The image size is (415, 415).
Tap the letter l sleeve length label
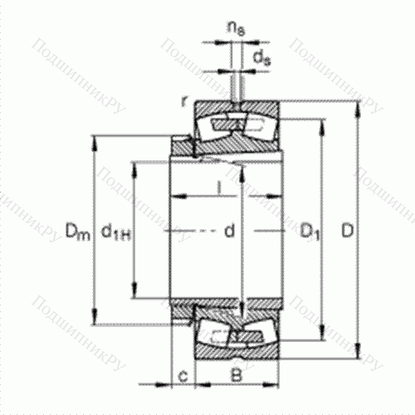tap(217, 189)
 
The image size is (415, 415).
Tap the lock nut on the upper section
tap(181, 148)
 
